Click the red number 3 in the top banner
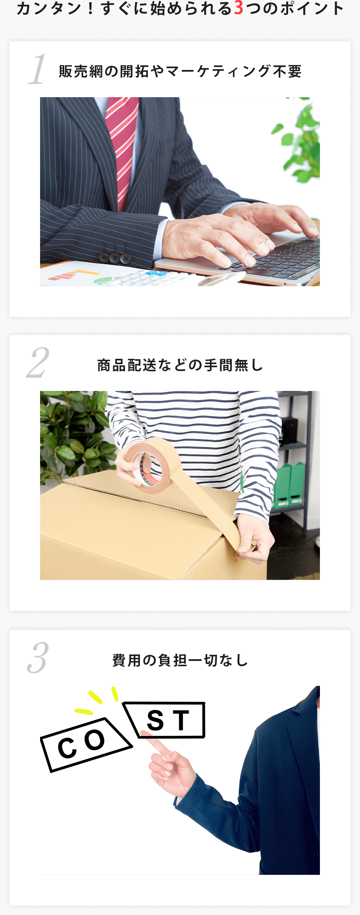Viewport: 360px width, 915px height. [x=239, y=8]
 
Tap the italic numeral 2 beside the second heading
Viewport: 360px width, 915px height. [x=38, y=363]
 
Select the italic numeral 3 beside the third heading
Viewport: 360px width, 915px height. [x=38, y=658]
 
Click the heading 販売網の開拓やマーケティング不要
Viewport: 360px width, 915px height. [x=180, y=71]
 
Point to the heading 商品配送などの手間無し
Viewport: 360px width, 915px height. [x=180, y=365]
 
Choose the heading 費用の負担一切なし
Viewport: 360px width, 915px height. [x=180, y=660]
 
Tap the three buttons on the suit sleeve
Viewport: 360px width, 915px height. [x=115, y=258]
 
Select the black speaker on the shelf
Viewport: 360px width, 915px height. [x=289, y=429]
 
